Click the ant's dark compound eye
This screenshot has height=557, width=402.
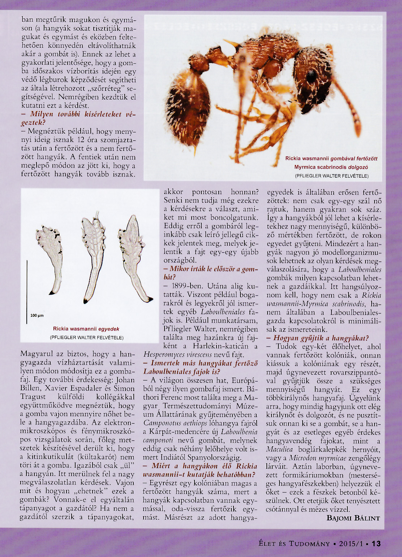click(311, 76)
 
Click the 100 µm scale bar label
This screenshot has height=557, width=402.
click(37, 315)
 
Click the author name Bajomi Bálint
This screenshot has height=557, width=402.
click(353, 518)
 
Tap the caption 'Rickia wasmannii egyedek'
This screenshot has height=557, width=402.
click(86, 329)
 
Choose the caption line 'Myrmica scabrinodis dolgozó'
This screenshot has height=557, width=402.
click(331, 167)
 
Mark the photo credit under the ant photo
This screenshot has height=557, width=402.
click(332, 176)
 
